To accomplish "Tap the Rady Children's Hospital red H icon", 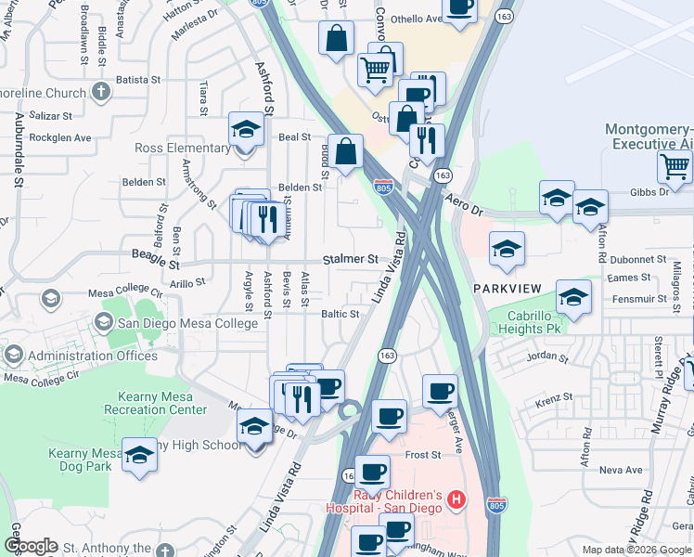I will point(456,500).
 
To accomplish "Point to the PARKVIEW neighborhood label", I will point(507,289).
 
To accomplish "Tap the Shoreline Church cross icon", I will point(101,93).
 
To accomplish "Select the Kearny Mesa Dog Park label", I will point(81,460).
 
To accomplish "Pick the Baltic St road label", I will point(340,314).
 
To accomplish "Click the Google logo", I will point(31,546).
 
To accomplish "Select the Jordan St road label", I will point(546,356).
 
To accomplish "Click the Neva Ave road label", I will point(621,470).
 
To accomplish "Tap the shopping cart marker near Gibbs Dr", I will point(675,167).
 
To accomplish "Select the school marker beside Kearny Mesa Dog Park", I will point(139,455).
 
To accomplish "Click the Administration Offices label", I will point(93,356).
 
